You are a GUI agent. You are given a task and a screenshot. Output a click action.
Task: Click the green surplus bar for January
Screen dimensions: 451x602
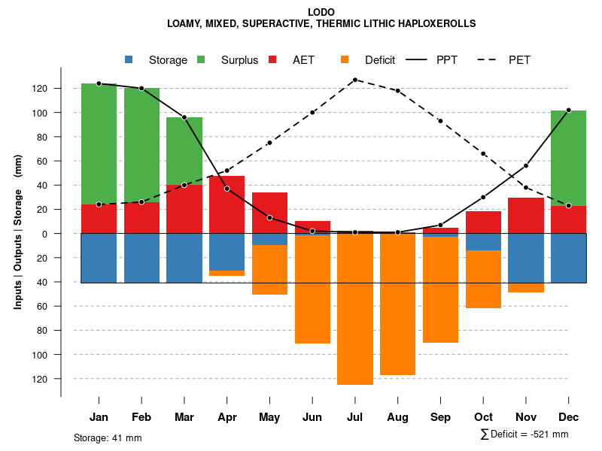[99, 143]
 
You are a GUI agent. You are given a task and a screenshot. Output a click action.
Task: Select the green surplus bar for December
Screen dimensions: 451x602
[568, 158]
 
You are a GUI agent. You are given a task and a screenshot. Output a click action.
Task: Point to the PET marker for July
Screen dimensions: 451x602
[354, 80]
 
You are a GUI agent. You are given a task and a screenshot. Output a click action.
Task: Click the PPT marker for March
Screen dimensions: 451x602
[184, 117]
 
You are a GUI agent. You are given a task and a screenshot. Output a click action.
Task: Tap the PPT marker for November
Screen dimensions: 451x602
[526, 166]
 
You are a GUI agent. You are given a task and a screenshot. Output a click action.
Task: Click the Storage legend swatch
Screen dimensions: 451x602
[129, 59]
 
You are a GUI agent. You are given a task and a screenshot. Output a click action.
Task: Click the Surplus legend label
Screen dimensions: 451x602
[239, 60]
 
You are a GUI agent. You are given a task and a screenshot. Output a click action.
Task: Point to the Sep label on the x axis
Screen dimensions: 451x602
[440, 417]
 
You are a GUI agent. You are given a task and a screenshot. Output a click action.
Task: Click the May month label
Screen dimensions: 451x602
[269, 417]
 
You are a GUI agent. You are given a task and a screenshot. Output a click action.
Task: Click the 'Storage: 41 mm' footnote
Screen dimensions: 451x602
[108, 437]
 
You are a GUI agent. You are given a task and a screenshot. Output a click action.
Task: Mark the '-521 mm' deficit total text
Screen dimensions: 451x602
[550, 434]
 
